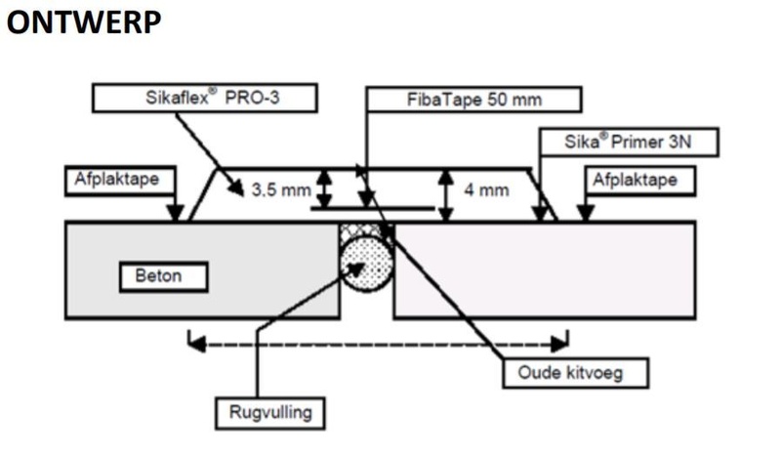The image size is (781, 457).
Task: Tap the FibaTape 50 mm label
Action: point(473,100)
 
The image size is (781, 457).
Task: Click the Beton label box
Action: point(165,276)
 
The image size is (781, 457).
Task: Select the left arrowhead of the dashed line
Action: point(194,343)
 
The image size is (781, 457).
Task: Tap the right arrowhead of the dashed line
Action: point(560,343)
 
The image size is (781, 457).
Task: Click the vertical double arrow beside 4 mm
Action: point(446,194)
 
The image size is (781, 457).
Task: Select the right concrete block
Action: point(547,269)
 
